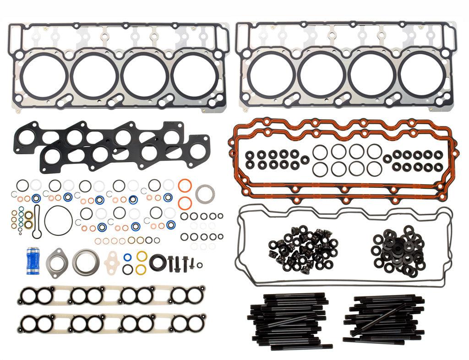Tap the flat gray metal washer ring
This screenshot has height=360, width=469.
point(203,193)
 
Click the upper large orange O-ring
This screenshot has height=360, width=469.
point(184,186)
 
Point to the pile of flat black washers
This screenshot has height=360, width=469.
point(395,250)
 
